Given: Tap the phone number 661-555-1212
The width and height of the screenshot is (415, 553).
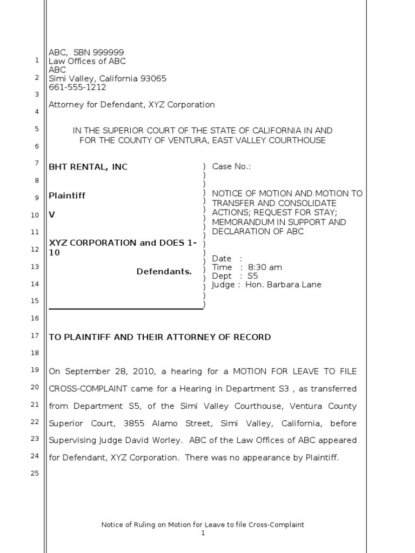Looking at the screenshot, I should point(77,87).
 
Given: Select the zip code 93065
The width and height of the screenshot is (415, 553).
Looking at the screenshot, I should point(153,78).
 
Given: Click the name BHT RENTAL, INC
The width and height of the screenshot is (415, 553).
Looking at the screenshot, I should point(88,167).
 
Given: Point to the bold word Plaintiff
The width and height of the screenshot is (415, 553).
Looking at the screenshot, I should point(67,195).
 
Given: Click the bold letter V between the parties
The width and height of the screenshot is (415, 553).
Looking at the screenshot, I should point(52,214).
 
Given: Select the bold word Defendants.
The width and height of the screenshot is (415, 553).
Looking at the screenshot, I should point(164,271).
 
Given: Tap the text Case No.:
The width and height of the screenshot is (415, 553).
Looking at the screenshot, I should point(231,166).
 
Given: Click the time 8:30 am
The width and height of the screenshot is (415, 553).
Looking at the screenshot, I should point(265,267).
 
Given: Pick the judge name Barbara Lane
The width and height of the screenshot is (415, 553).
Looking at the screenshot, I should point(296,285).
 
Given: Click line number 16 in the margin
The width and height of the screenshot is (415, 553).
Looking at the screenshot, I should point(35,318).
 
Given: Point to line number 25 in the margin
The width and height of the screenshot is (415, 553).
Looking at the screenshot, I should point(35,474).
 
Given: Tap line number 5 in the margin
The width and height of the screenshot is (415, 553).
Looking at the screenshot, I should point(36,129).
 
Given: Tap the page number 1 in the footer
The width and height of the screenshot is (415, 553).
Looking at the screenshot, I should point(203,533).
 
